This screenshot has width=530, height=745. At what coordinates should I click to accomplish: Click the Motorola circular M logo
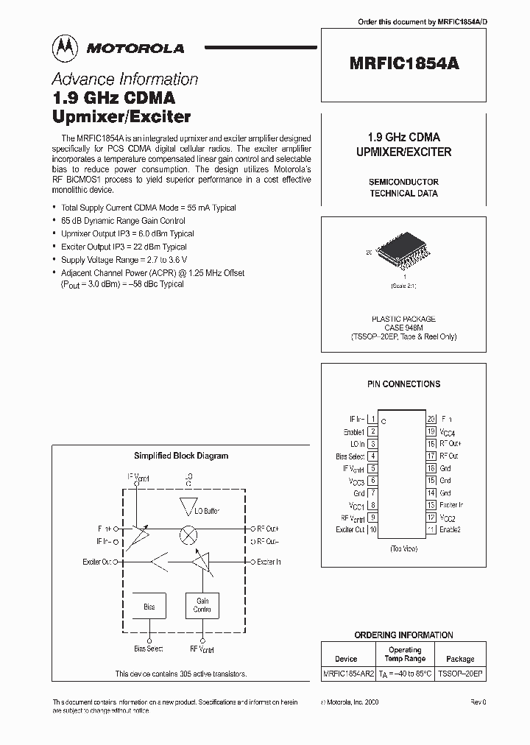(63, 48)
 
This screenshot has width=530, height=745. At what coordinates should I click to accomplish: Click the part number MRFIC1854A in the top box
(403, 63)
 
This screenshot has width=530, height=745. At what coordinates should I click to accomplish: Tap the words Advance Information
(124, 80)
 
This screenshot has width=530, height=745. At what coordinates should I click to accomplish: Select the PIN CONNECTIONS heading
(403, 384)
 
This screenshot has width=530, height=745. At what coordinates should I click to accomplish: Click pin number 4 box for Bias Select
(373, 456)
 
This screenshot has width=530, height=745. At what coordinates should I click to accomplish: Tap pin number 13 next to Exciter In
(431, 505)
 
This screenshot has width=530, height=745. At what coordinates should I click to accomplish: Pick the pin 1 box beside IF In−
(373, 419)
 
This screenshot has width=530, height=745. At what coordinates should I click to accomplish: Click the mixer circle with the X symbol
(188, 535)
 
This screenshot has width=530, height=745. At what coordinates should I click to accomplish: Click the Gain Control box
(202, 606)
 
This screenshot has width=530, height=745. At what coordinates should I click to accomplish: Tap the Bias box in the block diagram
(149, 607)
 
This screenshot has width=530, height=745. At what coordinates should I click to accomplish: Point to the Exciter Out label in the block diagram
(97, 562)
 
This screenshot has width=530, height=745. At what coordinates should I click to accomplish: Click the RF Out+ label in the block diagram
(268, 529)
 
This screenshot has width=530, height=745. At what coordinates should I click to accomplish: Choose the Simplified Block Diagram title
(180, 456)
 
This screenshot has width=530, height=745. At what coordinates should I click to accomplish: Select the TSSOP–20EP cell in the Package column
(461, 674)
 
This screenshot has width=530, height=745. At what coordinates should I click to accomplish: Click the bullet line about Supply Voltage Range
(124, 260)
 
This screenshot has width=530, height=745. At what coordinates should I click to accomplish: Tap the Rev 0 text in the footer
(478, 704)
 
